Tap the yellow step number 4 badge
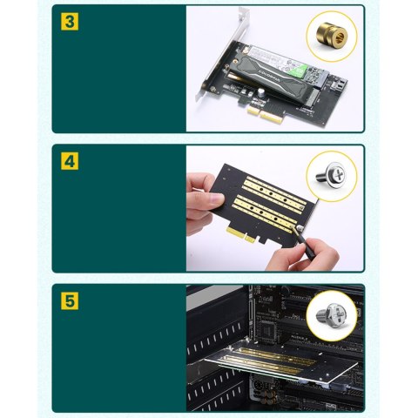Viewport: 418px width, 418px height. (68, 161)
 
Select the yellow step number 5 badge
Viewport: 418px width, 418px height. (68, 301)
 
